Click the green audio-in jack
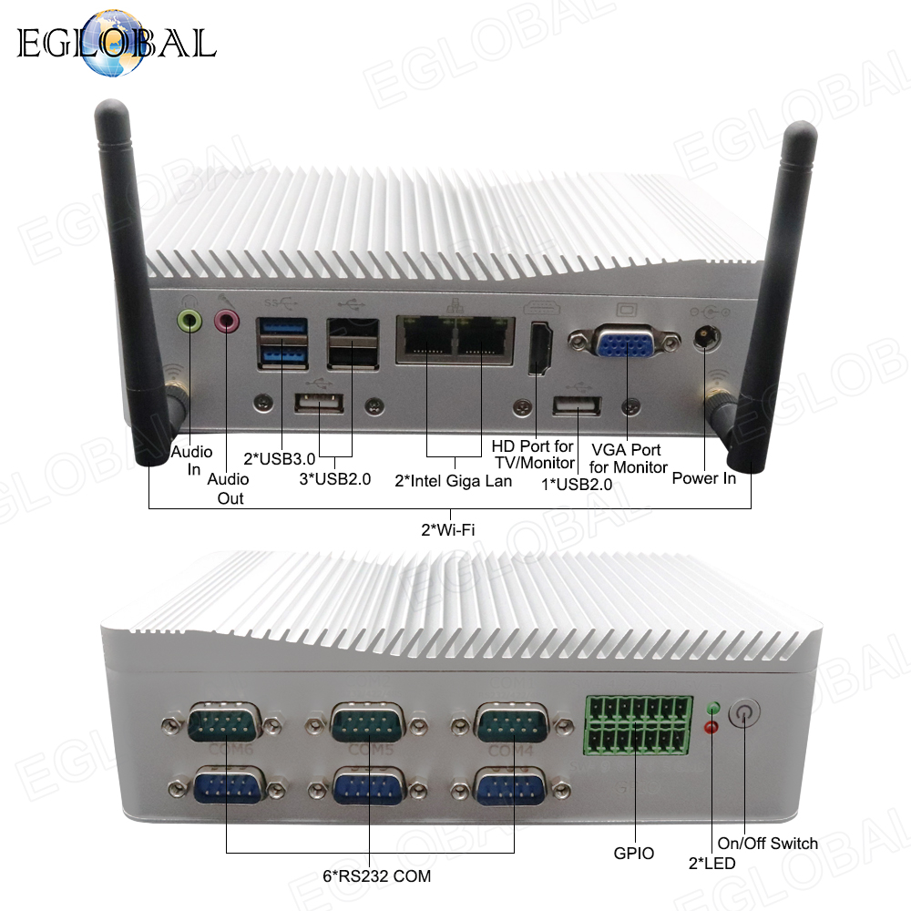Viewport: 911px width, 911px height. (x=189, y=320)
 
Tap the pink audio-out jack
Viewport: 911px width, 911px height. (x=226, y=320)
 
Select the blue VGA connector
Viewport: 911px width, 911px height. (x=626, y=343)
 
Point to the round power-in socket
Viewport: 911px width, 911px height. (x=704, y=336)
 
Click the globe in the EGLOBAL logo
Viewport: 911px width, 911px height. (x=108, y=45)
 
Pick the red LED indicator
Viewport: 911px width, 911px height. (x=712, y=727)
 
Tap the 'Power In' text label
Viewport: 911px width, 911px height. (x=703, y=477)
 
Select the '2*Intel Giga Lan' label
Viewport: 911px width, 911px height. (x=453, y=480)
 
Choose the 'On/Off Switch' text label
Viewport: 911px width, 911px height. (x=768, y=843)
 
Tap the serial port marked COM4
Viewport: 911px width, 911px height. (x=509, y=726)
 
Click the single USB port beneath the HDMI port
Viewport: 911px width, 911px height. (x=577, y=404)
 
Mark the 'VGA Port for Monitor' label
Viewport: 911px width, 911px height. (x=629, y=458)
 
